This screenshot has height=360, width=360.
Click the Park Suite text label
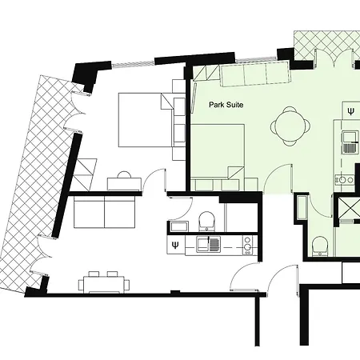[x=226, y=105]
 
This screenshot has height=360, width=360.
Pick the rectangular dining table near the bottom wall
[x=102, y=282]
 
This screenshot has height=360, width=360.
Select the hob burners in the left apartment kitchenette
[x=246, y=244]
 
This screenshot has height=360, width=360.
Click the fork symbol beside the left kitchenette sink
[x=175, y=245]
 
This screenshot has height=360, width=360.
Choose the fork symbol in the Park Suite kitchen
[x=351, y=110]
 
